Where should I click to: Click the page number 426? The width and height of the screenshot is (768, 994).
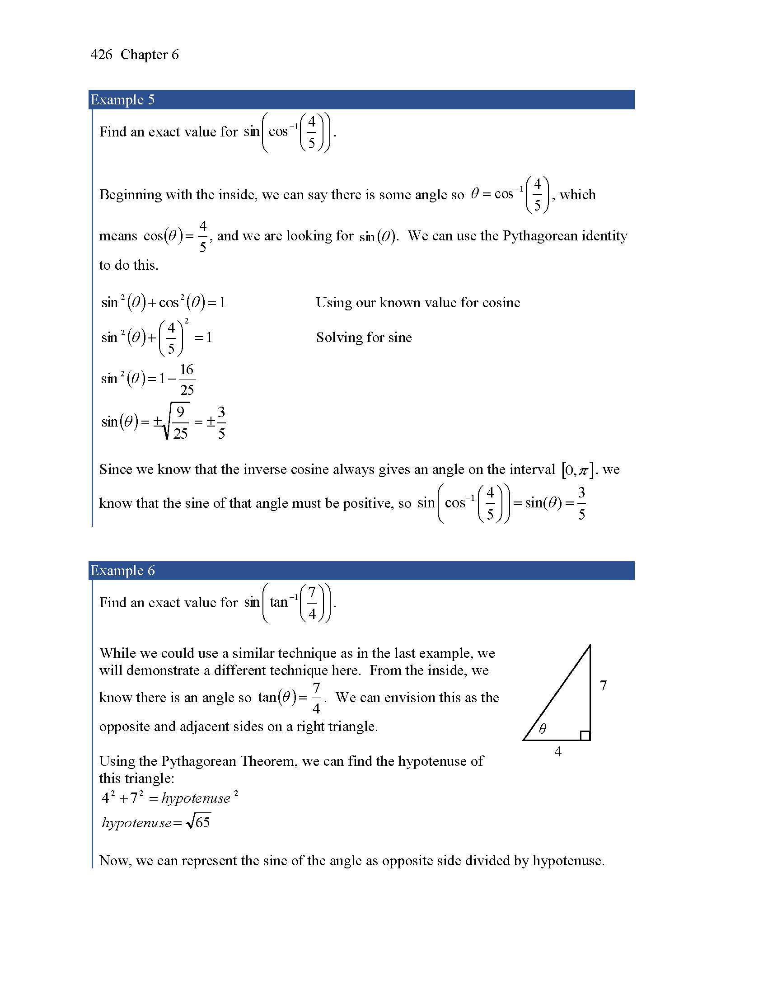click(101, 55)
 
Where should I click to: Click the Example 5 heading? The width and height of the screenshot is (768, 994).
click(122, 99)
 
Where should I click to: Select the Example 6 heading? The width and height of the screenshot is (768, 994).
click(122, 570)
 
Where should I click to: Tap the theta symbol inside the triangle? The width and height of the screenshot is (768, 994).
click(542, 729)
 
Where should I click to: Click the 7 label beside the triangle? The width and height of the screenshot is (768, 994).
click(603, 685)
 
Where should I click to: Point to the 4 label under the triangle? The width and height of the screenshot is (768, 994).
click(558, 751)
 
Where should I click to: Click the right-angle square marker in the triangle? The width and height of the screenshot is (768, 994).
click(585, 735)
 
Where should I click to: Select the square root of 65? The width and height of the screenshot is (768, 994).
click(198, 822)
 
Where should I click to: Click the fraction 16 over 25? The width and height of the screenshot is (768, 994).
click(187, 379)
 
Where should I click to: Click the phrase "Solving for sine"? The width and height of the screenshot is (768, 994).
click(364, 337)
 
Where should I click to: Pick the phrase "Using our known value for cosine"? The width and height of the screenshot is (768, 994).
click(418, 303)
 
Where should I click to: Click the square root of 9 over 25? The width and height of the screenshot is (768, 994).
click(177, 422)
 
